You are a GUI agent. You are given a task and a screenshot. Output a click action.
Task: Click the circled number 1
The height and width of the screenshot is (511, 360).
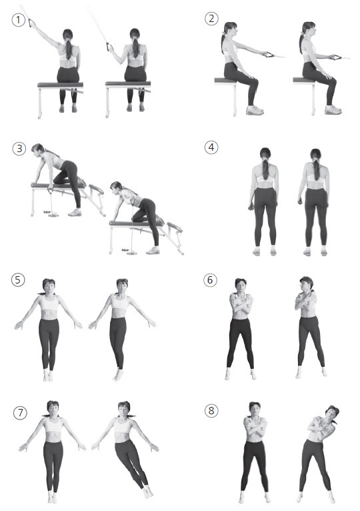pos(18,20)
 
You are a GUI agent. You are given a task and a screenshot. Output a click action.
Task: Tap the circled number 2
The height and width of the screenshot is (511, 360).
pos(211,18)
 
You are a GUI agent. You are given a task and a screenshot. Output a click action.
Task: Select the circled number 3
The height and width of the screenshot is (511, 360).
pos(19,149)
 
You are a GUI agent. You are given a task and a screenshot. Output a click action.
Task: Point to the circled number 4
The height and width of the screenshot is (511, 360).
pos(211,147)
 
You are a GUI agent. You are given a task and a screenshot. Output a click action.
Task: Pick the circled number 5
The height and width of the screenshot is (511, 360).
pos(17,280)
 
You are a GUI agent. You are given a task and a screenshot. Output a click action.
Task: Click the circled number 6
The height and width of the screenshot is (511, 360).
pos(210,280)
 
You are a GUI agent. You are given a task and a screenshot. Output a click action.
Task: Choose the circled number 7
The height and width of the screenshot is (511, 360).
pos(20,413)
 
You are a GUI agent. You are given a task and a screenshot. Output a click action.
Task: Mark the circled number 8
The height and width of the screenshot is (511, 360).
pos(211,411)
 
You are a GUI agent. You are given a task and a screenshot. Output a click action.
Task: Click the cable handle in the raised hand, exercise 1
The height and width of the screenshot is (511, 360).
pos(31,23)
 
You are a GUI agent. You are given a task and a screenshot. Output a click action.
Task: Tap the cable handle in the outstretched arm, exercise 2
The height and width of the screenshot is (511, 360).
pos(269,55)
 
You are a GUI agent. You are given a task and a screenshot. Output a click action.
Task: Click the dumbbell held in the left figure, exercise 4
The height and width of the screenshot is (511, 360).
pos(251,207)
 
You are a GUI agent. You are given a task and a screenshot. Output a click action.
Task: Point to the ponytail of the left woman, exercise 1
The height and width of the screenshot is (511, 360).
pos(69,48)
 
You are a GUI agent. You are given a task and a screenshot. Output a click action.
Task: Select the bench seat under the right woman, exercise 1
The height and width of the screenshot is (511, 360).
pos(128,84)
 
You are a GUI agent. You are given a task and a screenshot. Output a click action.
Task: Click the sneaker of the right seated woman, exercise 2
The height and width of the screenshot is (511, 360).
pos(333,110)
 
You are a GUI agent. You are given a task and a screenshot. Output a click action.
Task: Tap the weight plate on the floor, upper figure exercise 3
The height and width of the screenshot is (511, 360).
pos(53,214)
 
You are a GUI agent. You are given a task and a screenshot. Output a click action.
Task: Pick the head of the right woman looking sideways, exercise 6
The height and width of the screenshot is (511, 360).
pos(306,284)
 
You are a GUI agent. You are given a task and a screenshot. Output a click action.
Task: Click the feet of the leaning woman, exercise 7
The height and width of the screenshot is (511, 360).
pos(148,492)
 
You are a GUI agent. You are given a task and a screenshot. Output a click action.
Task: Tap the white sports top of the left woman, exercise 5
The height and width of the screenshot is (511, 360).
pos(49,303)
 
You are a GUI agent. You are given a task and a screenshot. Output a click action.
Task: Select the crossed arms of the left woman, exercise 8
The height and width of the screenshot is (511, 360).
pos(255,425)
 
